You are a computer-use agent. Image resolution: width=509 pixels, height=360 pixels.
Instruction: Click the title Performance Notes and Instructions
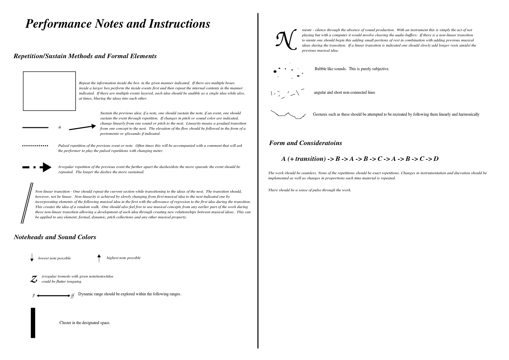pyautogui.click(x=118, y=24)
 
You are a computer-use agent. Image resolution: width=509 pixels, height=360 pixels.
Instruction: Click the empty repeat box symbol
pyautogui.click(x=49, y=91)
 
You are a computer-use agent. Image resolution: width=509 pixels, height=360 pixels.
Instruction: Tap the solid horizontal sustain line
pyautogui.click(x=35, y=127)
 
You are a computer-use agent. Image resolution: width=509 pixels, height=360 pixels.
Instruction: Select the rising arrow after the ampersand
pyautogui.click(x=82, y=127)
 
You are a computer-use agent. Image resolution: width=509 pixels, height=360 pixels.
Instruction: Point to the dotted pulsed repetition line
pyautogui.click(x=35, y=145)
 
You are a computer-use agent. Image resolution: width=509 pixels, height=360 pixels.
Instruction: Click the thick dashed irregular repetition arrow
pyautogui.click(x=37, y=167)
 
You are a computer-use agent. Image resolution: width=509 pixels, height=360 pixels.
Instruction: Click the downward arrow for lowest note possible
pyautogui.click(x=32, y=258)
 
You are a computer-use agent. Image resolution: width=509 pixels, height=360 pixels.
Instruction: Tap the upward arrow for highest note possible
pyautogui.click(x=99, y=258)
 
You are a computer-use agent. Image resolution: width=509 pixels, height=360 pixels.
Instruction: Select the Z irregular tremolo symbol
pyautogui.click(x=34, y=279)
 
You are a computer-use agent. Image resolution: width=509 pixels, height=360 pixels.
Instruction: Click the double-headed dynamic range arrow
pyautogui.click(x=53, y=296)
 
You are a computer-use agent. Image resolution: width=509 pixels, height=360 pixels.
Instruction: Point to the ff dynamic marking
pyautogui.click(x=73, y=296)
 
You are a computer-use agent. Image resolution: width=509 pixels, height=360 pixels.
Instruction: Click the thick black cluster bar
pyautogui.click(x=33, y=323)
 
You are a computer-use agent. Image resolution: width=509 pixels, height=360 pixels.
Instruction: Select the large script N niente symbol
pyautogui.click(x=286, y=40)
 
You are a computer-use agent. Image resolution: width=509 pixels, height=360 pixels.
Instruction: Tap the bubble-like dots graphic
pyautogui.click(x=288, y=71)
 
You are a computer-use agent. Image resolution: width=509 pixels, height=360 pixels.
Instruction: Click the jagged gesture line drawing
pyautogui.click(x=288, y=115)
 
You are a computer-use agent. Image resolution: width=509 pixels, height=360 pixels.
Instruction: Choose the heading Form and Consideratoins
pyautogui.click(x=305, y=143)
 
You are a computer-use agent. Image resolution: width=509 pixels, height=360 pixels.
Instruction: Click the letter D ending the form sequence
pyautogui.click(x=436, y=159)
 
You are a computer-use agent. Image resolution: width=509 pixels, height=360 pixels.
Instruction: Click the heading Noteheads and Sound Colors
pyautogui.click(x=55, y=237)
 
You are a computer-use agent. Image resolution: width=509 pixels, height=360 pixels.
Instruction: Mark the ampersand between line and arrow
pyautogui.click(x=60, y=127)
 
